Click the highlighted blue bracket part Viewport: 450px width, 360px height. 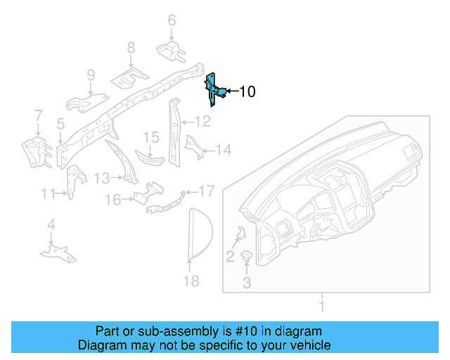[214, 89]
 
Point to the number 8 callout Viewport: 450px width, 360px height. [131, 48]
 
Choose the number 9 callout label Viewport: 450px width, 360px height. [91, 75]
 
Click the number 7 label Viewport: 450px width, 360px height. [39, 115]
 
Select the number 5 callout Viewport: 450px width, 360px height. [61, 124]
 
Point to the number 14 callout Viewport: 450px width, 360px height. [223, 150]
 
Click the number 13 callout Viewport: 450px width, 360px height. [103, 177]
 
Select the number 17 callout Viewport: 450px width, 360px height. [206, 191]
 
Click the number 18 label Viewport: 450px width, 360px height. [191, 281]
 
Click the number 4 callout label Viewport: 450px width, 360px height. [51, 225]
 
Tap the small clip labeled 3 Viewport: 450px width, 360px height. [247, 257]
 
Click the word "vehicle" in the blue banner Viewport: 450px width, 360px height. [309, 345]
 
